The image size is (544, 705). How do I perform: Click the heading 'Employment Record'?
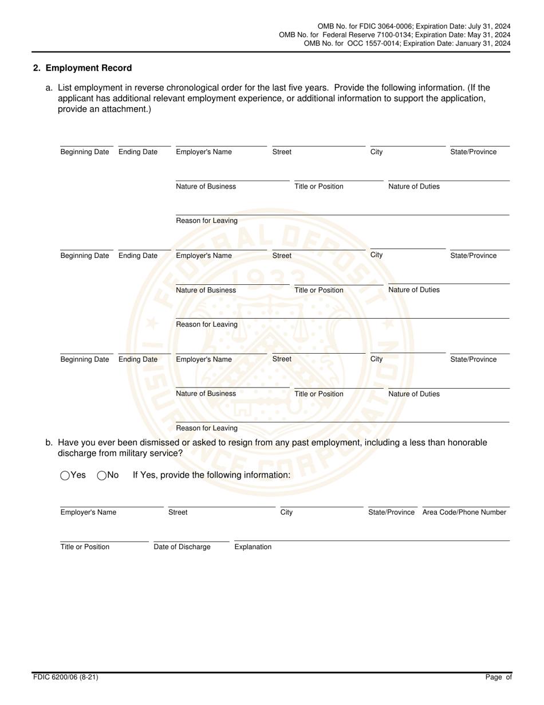point(88,68)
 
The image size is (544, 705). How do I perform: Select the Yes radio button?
point(65,475)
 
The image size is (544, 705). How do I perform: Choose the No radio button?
point(102,475)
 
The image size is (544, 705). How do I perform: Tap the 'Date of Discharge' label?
point(182,547)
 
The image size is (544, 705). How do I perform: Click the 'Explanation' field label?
point(253,547)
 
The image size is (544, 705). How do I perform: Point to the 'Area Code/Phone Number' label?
point(464,512)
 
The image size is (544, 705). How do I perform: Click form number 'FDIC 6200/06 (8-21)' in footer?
point(65,677)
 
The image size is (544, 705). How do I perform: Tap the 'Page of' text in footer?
point(498,677)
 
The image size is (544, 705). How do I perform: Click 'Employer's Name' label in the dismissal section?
point(88,512)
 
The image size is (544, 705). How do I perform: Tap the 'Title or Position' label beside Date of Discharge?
point(85,547)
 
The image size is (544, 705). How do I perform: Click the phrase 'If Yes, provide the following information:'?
point(211,475)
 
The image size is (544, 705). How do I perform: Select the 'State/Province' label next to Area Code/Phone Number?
point(391,512)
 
